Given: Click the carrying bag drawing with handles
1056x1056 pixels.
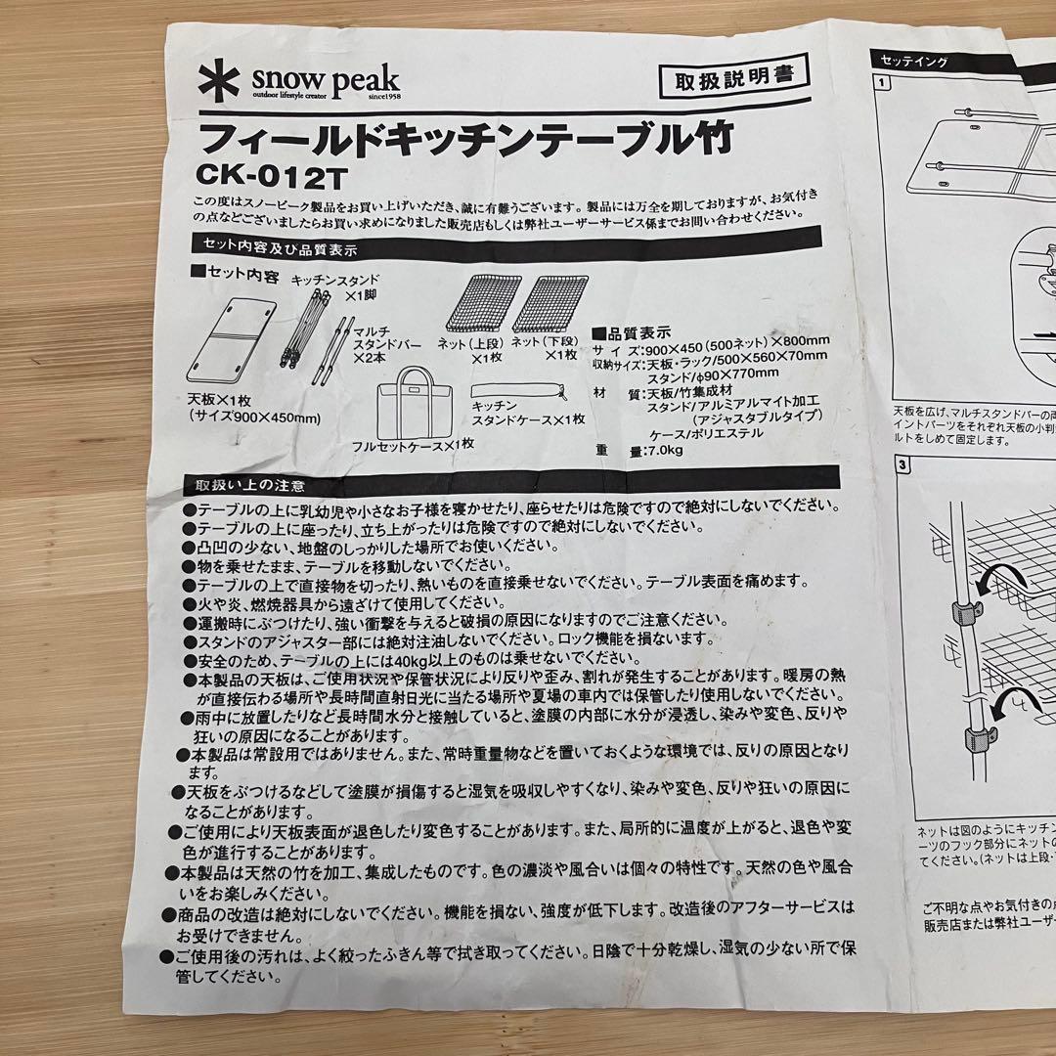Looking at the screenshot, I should (x=422, y=404).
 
